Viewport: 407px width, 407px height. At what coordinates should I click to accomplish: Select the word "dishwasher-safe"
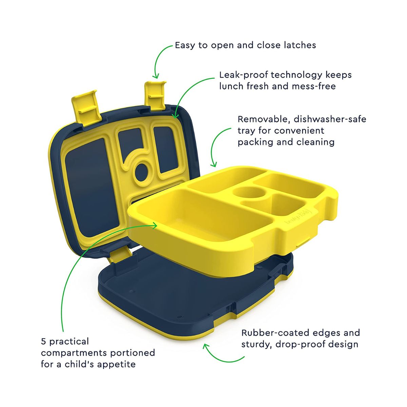(x=330, y=119)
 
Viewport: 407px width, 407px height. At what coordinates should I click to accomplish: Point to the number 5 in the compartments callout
(x=43, y=342)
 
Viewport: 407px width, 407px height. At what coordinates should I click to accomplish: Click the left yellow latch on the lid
(x=85, y=108)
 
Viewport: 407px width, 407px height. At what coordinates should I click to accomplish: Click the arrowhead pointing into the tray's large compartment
(x=154, y=226)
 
